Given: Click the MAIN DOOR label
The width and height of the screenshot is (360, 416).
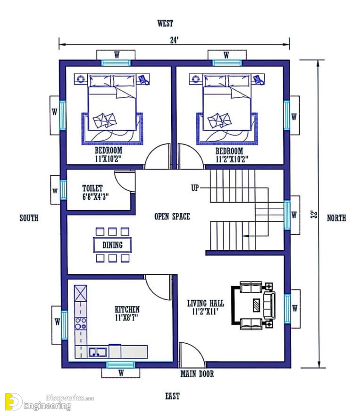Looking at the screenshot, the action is tap(197, 374).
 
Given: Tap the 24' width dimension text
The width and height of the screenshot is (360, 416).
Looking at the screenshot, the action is tap(174, 40).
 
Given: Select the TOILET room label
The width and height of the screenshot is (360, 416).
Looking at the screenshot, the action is tap(92, 188).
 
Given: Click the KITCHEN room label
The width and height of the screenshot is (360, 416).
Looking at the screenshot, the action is tap(127, 309).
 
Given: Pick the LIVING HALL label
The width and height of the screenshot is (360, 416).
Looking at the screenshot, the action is tap(206, 303).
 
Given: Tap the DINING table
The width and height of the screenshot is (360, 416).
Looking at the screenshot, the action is tap(112, 245).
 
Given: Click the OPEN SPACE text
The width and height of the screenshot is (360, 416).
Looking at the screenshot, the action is tap(172, 216).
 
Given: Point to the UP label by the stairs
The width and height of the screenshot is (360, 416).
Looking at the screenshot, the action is tap(195, 188).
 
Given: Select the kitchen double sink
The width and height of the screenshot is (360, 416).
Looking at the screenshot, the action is tap(98, 352).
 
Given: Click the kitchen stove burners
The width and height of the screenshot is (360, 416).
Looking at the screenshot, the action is tap(81, 323).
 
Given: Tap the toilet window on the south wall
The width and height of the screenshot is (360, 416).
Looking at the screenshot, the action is tap(63, 190).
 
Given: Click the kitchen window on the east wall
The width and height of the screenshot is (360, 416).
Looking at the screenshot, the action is tap(121, 365).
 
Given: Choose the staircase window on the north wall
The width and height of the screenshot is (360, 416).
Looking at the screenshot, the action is tap(287, 215).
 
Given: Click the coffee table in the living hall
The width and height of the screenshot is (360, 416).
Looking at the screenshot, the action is tap(256, 305).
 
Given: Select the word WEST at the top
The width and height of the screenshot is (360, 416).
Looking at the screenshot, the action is tap(165, 23).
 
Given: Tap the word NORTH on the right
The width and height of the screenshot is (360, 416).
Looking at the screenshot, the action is tap(336, 218).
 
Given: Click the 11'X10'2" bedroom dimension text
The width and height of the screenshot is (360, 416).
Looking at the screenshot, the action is tap(108, 159).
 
